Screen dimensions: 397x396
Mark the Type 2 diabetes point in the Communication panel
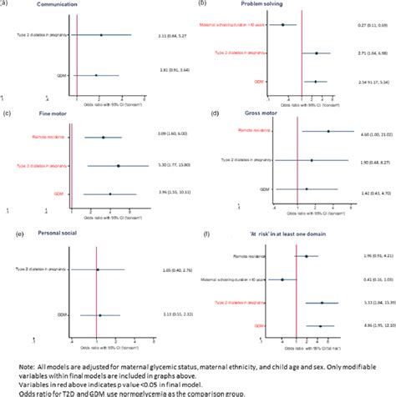pos(101,35)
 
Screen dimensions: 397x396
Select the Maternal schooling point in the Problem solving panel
pos(283,25)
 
